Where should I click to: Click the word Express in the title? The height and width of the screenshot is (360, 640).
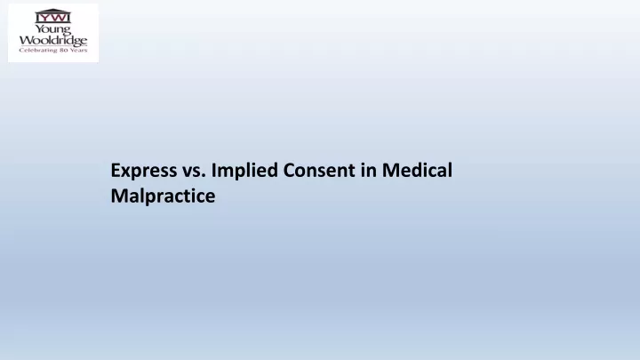tap(144, 171)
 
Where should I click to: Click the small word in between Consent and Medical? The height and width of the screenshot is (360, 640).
tap(368, 170)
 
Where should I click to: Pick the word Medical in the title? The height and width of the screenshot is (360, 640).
tap(417, 170)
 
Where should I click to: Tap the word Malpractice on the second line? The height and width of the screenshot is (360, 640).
tap(163, 196)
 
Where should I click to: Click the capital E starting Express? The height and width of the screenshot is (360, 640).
tap(116, 170)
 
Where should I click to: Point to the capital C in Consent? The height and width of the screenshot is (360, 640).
tap(290, 170)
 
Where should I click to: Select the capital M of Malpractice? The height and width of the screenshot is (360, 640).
tap(119, 196)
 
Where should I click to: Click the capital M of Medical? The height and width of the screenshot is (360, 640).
tap(390, 170)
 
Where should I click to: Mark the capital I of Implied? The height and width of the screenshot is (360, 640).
tap(213, 170)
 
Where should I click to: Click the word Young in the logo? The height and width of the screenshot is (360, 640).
tap(53, 30)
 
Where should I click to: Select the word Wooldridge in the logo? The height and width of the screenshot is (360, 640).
tap(53, 40)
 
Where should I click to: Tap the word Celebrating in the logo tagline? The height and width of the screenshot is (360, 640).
tap(38, 50)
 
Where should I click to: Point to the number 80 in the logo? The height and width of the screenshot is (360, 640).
tap(63, 50)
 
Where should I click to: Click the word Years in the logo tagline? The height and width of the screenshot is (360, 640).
tap(78, 50)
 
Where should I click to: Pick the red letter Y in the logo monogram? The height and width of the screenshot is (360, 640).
tap(44, 18)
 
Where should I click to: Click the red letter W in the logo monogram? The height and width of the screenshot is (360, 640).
tap(58, 18)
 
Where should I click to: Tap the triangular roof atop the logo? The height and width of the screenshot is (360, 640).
tap(53, 11)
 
